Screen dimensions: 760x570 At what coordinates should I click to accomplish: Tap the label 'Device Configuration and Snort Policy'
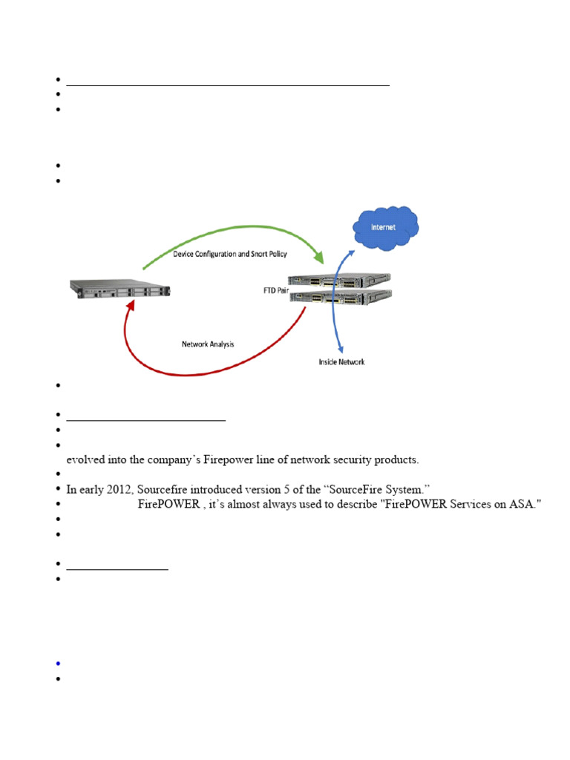(x=231, y=254)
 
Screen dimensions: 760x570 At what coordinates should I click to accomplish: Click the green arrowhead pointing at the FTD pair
(x=321, y=258)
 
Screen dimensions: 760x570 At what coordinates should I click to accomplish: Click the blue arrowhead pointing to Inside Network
(x=341, y=346)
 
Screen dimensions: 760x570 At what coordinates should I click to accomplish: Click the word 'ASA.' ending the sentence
(x=529, y=505)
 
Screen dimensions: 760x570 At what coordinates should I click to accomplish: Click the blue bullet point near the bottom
(x=57, y=663)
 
